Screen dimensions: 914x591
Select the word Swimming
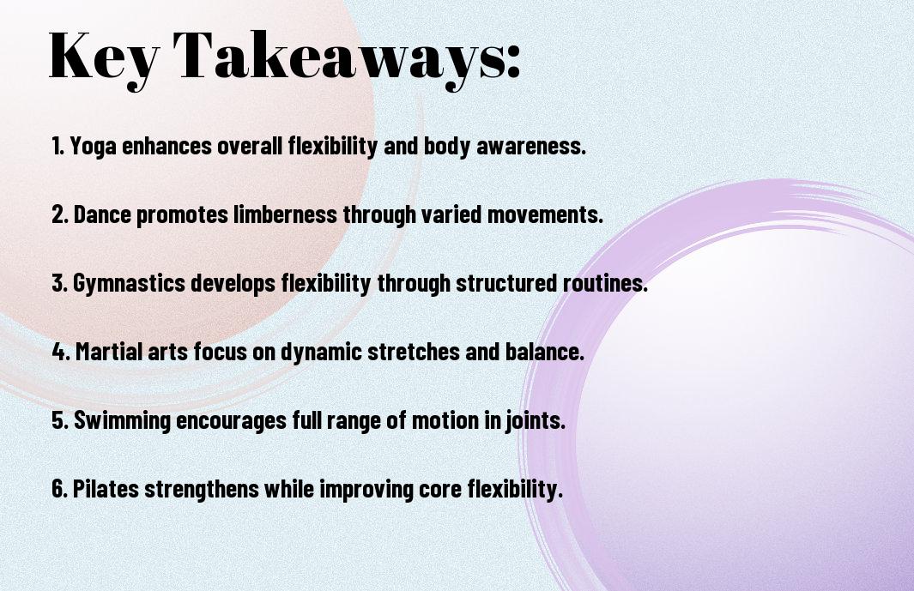point(122,421)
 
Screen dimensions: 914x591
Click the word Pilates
point(106,488)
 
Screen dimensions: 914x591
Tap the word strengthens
point(202,490)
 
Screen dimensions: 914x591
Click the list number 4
point(59,352)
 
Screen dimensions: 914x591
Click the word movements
point(542,214)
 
